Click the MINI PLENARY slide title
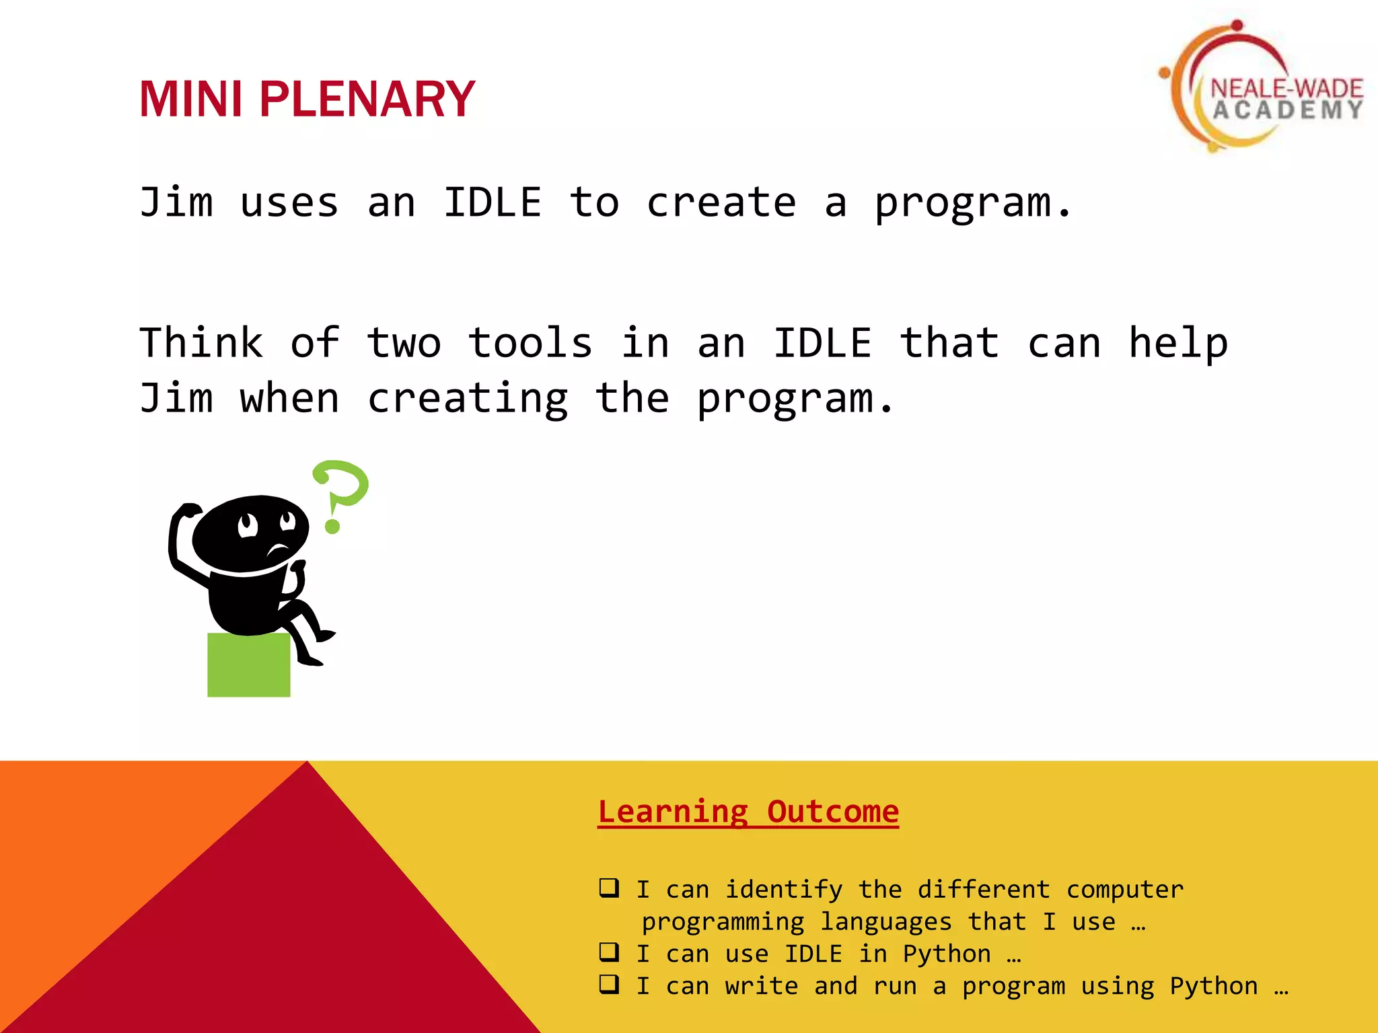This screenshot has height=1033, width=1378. tap(307, 99)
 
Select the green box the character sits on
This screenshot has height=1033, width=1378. tap(248, 664)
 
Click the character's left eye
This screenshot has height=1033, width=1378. tap(248, 524)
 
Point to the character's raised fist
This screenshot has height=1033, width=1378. tap(188, 511)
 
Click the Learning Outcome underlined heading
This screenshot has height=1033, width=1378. tap(748, 812)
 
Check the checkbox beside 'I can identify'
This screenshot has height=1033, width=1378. tap(609, 888)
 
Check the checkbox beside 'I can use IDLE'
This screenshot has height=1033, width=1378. tap(609, 952)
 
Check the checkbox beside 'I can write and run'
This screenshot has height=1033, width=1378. tap(609, 984)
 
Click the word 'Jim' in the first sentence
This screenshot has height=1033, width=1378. tap(176, 202)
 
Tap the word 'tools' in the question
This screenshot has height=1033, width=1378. tap(530, 343)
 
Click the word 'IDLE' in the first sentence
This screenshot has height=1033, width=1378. tap(493, 202)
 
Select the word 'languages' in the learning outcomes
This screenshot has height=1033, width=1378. tap(885, 921)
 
